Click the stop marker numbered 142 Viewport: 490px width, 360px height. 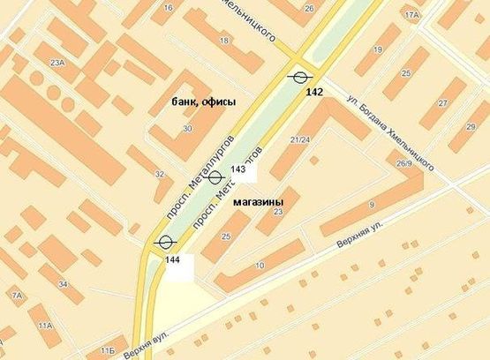(300, 76)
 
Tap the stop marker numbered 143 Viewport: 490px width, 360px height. (215, 177)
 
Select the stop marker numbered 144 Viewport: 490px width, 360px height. (164, 242)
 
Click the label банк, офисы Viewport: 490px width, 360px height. (204, 102)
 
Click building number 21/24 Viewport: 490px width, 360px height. (300, 139)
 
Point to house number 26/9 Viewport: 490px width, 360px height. (404, 163)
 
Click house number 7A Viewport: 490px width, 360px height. (16, 294)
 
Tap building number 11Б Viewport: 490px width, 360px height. (108, 351)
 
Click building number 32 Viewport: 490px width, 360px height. (159, 174)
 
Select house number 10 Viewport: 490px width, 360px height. (260, 266)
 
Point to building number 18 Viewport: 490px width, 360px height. (224, 41)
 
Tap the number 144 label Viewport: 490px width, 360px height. (172, 259)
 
